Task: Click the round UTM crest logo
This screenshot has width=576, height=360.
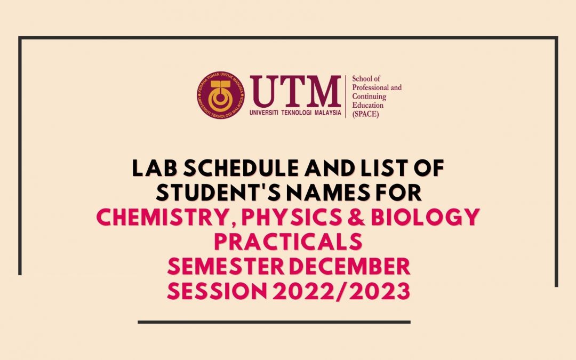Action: pos(221,95)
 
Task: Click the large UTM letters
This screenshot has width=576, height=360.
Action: pos(295,91)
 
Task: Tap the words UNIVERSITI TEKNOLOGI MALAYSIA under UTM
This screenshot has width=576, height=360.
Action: pos(295,113)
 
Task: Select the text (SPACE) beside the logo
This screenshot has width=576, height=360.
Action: pos(365,114)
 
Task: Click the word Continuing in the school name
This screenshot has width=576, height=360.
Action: pos(369,96)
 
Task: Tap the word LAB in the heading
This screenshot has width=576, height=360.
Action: pos(155,168)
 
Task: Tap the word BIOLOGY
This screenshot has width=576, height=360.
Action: pos(426,217)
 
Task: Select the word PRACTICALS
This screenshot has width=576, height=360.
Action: pos(288,242)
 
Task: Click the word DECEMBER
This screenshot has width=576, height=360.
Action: pos(350,266)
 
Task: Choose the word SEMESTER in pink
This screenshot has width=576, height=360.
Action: pos(226,266)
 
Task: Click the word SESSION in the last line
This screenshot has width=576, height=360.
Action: pos(217,291)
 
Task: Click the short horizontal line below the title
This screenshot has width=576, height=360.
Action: pos(274,322)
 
